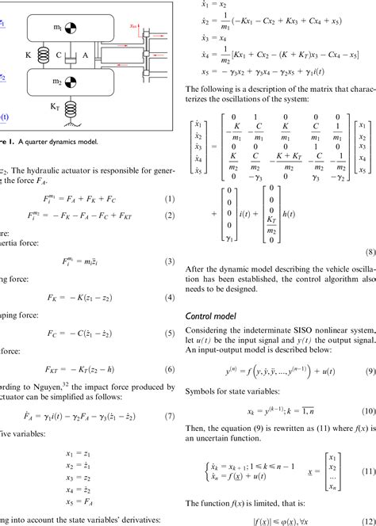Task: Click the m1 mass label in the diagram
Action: click(58, 28)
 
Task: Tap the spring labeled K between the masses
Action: click(42, 55)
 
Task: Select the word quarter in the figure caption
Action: click(35, 143)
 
